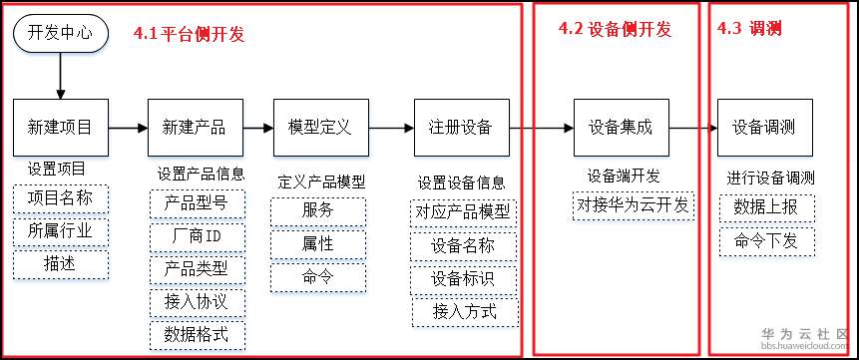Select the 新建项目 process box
(61, 127)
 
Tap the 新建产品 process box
(195, 127)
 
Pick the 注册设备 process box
(461, 127)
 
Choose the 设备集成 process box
(621, 127)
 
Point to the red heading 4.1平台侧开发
(190, 34)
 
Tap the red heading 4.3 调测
(749, 30)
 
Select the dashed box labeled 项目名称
(60, 197)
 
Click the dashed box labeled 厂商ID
(196, 238)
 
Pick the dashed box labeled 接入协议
(196, 301)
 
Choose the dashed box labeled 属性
(318, 243)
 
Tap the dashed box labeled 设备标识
(461, 278)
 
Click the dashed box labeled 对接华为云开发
(633, 206)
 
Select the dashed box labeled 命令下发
(766, 241)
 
